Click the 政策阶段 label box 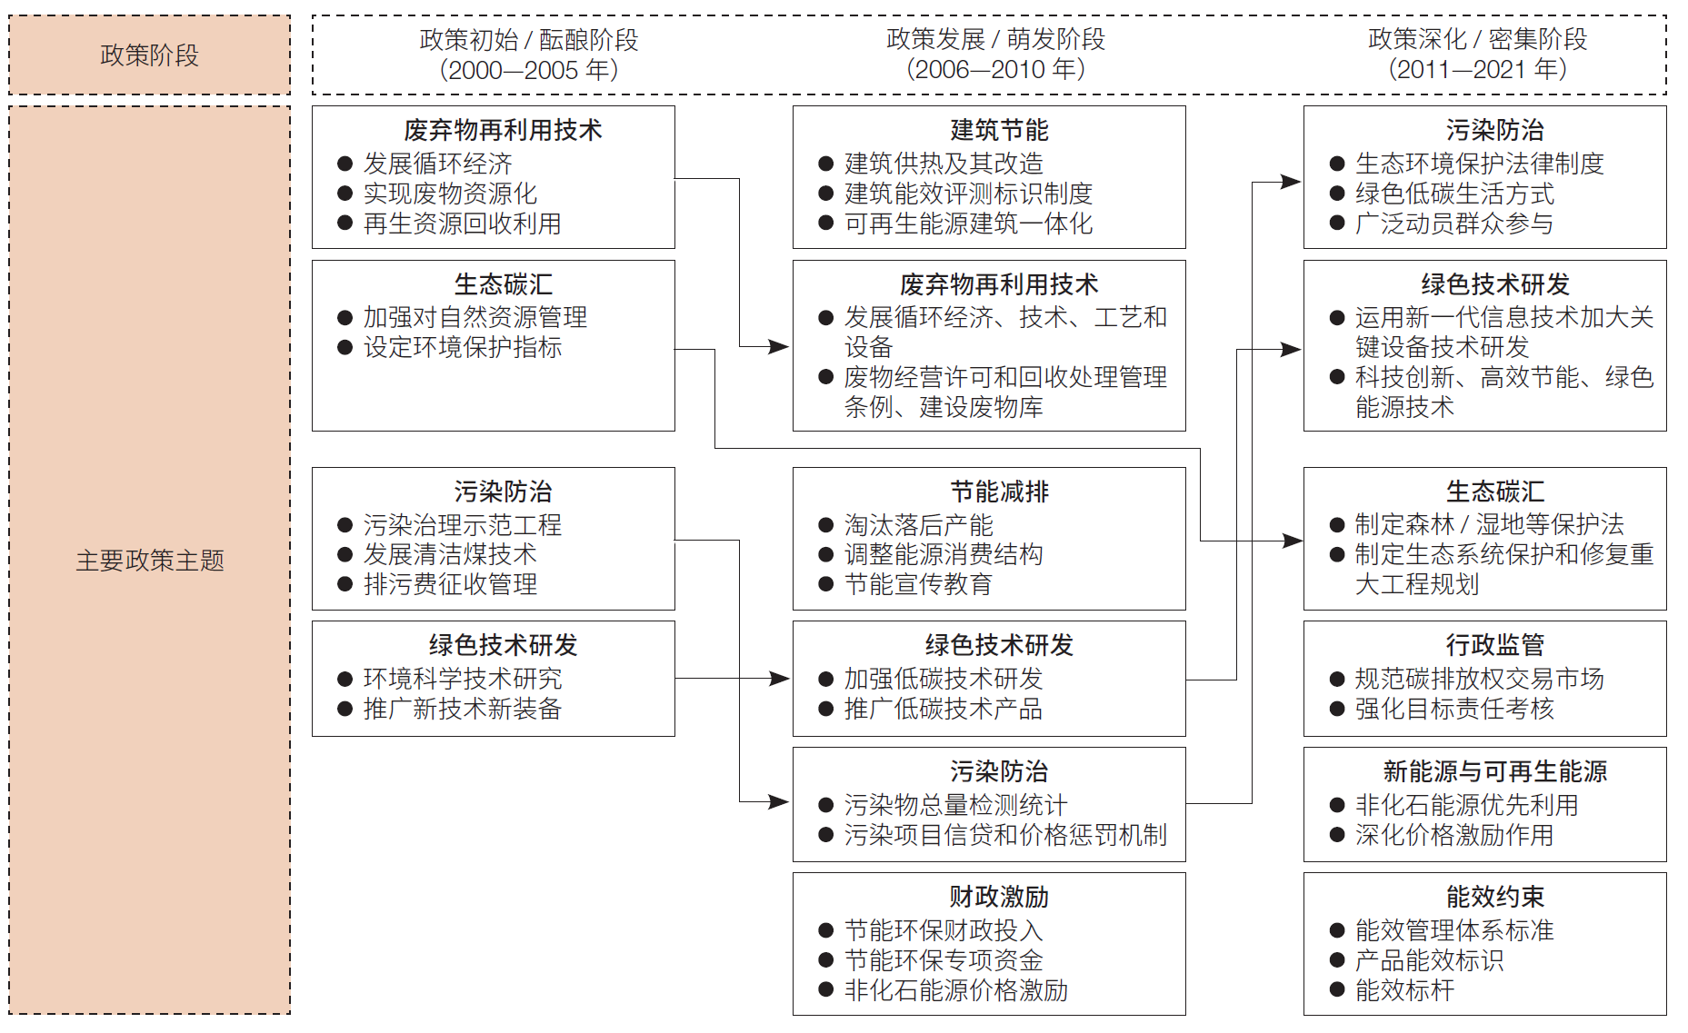tap(149, 55)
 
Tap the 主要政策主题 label tap(149, 561)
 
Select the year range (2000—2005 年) tap(528, 70)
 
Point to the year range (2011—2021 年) tap(1477, 69)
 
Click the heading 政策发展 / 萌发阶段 tap(995, 39)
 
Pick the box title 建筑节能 tap(999, 130)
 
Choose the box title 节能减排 tap(999, 492)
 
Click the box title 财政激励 tap(999, 897)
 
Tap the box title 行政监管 tap(1494, 645)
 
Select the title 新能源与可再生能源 tap(1494, 771)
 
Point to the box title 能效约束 tap(1494, 897)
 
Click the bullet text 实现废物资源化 tap(450, 194)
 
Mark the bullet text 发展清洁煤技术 tap(450, 554)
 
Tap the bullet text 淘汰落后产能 tap(918, 524)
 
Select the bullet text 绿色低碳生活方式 tap(1454, 194)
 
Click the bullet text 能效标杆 tap(1404, 990)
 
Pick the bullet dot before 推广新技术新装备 tap(345, 709)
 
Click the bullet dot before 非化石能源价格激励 tap(825, 990)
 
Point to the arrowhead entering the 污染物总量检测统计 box tap(779, 802)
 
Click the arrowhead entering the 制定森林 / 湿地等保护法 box tap(1292, 541)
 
